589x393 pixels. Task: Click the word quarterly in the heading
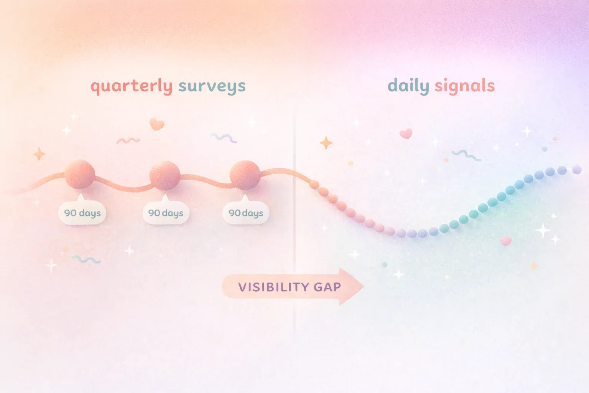pos(131,86)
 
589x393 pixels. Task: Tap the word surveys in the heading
pos(212,86)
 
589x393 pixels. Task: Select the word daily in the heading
pos(408,86)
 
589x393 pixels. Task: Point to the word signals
pos(464,86)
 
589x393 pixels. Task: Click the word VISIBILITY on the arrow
pos(273,287)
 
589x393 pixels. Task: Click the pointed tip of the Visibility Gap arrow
pos(362,286)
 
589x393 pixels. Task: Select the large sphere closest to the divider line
pos(245,175)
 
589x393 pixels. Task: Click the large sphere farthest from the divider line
pos(80,174)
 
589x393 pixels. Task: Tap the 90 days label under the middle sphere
pos(166,213)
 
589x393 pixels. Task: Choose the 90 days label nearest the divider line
pos(246,213)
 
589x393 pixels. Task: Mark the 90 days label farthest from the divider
pos(82,213)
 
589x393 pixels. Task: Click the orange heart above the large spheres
pos(156,124)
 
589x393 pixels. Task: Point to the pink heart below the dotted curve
pos(506,241)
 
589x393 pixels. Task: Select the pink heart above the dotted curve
pos(406,134)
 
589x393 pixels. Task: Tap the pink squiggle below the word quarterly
pos(128,141)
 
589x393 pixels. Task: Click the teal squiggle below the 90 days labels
pos(86,260)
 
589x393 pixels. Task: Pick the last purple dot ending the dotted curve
pos(577,170)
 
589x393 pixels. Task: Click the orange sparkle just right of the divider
pos(326,143)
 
